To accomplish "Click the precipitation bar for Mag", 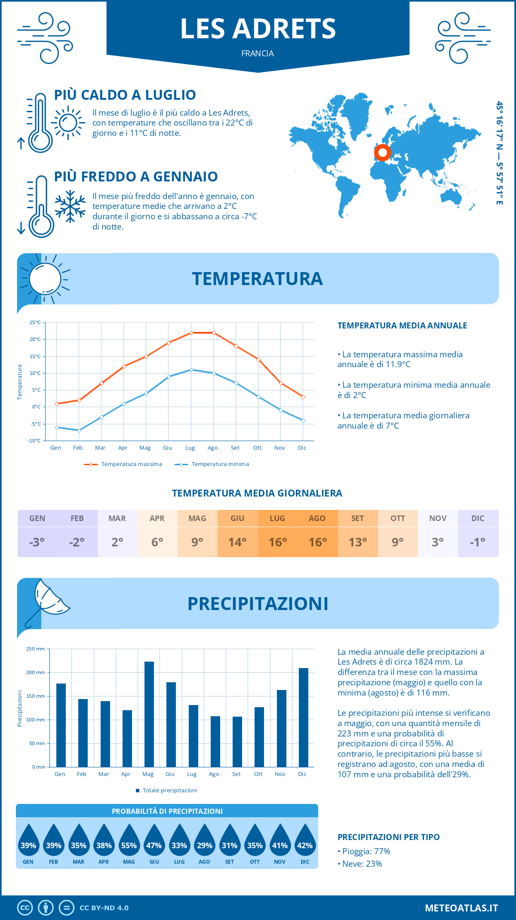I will (x=149, y=714).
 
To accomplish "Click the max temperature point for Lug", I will (x=191, y=333).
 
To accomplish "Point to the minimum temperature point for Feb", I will (x=79, y=430).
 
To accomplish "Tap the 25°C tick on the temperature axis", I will (x=35, y=322).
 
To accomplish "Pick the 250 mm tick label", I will (x=36, y=649).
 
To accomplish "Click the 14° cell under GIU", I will (x=237, y=542).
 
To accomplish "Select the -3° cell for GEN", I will (x=37, y=542).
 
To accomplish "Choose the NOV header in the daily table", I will (x=438, y=518).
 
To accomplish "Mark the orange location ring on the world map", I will (x=382, y=152).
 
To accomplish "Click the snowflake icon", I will (x=70, y=206).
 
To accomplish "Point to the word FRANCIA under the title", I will (x=258, y=53).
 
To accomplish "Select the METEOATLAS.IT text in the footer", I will (x=461, y=908).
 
